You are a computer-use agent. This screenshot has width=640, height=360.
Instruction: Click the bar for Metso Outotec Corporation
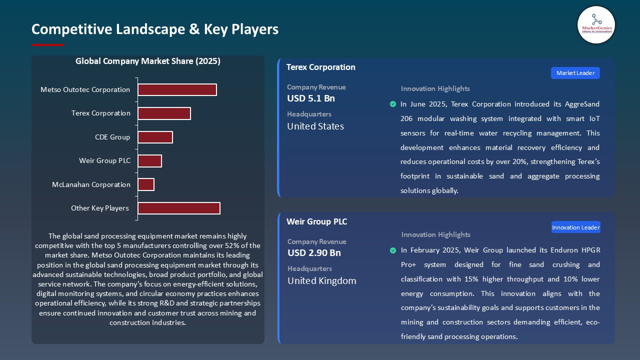(x=177, y=89)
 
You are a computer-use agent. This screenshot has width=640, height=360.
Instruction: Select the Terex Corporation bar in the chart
(x=164, y=113)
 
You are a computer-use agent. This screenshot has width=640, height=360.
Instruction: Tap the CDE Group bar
(x=155, y=137)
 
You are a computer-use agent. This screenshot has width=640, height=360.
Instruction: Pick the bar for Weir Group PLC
(x=149, y=161)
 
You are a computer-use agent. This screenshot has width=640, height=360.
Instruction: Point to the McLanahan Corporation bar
(x=146, y=184)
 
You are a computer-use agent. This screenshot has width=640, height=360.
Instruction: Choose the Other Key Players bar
(x=178, y=208)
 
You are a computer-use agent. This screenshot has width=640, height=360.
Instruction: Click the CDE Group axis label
(x=112, y=137)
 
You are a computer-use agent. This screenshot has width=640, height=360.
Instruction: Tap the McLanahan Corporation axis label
(x=91, y=184)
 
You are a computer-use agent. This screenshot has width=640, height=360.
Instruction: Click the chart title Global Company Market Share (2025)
(x=148, y=61)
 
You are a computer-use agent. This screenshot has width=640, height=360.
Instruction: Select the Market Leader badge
(x=575, y=73)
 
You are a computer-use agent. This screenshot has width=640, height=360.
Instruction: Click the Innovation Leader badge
(x=575, y=227)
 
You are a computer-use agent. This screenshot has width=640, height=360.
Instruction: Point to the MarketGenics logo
(x=596, y=24)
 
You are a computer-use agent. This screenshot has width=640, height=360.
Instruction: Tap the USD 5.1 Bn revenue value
(x=311, y=98)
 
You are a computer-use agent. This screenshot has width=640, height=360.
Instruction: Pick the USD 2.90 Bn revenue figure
(x=314, y=253)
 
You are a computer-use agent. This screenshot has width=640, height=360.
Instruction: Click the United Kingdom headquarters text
(x=321, y=280)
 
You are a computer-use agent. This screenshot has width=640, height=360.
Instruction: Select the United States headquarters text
(x=315, y=126)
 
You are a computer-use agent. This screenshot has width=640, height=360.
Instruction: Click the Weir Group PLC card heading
(x=316, y=221)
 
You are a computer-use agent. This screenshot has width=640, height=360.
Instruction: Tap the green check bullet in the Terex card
(x=393, y=104)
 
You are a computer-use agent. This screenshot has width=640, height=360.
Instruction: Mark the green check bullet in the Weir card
(x=393, y=250)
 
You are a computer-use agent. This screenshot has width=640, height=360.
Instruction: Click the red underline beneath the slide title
(x=48, y=45)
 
